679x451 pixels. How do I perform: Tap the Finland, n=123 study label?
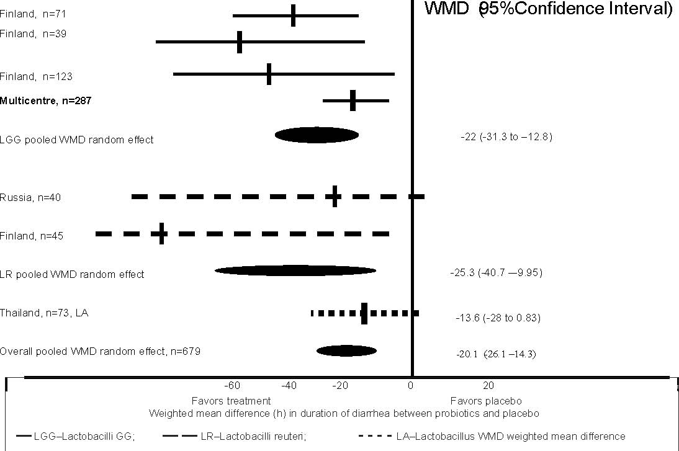point(36,76)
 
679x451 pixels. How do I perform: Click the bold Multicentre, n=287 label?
point(46,100)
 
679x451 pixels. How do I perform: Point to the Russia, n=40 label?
point(30,197)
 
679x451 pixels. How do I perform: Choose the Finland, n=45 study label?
point(32,236)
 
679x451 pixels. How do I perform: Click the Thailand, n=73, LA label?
point(44,313)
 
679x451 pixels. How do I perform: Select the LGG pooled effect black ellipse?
point(317,135)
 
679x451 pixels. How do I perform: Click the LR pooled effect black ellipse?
point(295,270)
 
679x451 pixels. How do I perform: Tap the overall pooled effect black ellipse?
point(347,351)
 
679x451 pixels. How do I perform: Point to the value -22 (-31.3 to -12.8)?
point(506,136)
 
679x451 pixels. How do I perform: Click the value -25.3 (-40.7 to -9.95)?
point(496,272)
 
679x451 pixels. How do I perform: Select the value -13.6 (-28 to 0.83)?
point(498,318)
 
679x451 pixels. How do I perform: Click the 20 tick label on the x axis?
point(488,385)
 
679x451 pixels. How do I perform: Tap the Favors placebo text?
point(486,401)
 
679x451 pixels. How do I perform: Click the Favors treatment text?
point(222,401)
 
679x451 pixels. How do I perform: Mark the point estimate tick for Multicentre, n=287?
point(353,100)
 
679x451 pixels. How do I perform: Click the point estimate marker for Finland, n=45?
point(161,234)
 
